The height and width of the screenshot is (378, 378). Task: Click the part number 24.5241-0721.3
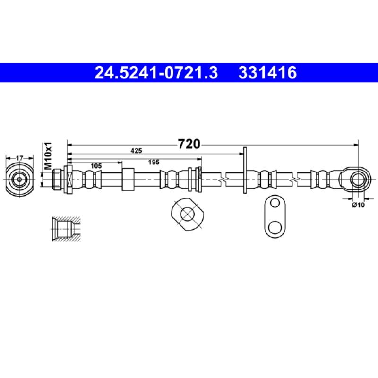coord(156,73)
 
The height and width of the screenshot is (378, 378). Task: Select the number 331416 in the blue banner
coord(267,73)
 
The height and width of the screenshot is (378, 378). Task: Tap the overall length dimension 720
coord(189,144)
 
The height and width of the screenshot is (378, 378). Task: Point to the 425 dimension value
coord(136,151)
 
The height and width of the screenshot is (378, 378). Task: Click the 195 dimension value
coord(154,162)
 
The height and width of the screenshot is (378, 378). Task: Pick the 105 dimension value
coord(96,166)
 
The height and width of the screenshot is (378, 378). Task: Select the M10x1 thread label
coord(48,156)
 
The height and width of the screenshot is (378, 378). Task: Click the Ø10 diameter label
coord(358,205)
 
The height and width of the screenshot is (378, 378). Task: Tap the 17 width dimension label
coord(19,158)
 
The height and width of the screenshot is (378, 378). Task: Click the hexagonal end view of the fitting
coord(19,180)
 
